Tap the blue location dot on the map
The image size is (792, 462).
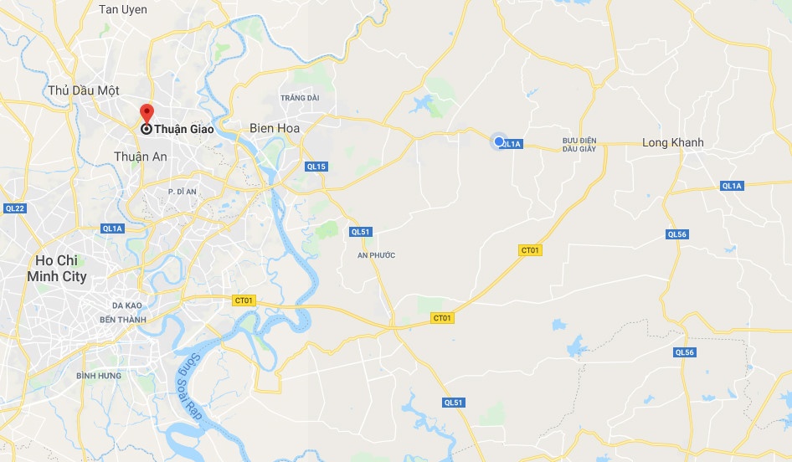pos(499,141)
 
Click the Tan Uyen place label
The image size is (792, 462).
pos(122,9)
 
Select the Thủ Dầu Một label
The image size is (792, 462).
pos(84,90)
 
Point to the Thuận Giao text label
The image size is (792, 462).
pos(184,129)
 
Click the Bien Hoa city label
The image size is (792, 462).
pos(275,128)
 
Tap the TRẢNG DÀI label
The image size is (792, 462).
pos(300,98)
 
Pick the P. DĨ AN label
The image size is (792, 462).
pos(182,192)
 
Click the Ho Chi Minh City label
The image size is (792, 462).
pos(57,268)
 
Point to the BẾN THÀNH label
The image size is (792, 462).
pos(122,320)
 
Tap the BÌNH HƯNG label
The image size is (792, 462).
pos(95,376)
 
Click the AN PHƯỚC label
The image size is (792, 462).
pos(376,255)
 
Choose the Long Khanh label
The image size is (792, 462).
pos(672,142)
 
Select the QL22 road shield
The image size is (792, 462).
pos(15,208)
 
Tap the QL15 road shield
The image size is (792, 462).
pos(316,167)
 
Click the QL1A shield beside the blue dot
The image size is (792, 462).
pos(512,144)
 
